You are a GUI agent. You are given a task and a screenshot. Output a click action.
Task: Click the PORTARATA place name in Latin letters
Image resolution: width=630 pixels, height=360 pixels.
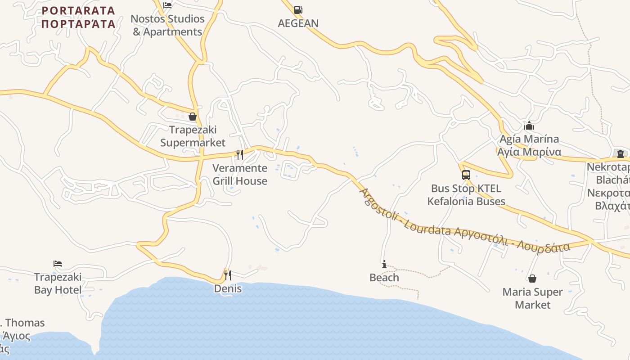coord(78,10)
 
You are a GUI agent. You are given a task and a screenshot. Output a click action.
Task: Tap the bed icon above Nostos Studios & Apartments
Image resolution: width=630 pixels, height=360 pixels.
coord(167,5)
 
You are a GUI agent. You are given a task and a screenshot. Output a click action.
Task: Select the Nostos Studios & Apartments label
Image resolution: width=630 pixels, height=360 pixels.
coord(167,25)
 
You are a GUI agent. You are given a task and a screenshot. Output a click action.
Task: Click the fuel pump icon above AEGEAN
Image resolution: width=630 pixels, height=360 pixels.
coord(298,9)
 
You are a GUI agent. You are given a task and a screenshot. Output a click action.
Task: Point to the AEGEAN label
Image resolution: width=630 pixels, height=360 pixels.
coord(298,23)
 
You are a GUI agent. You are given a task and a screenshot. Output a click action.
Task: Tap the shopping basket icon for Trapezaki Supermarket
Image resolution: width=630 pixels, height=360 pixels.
coord(193,117)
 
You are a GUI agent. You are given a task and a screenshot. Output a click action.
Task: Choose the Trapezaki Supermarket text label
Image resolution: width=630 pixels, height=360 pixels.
coord(193,136)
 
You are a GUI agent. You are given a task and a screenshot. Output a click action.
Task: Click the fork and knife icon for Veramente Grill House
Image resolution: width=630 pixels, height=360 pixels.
coord(240,155)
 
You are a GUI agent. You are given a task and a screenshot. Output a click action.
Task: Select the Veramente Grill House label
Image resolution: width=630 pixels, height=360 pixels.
coord(240,174)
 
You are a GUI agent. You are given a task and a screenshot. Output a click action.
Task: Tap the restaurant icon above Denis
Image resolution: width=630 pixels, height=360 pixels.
coord(228,275)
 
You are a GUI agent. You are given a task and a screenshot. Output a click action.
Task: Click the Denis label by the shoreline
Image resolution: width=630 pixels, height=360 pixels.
coord(228,288)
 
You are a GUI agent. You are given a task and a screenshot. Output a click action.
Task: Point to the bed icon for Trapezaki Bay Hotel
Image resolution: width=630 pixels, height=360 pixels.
coord(58,264)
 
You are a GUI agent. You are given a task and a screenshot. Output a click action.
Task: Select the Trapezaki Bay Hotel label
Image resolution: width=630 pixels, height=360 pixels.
coord(58,283)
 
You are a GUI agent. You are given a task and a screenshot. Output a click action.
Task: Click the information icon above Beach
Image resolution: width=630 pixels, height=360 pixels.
coord(384,264)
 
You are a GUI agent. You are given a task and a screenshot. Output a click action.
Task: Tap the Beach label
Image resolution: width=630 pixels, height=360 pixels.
coord(384,277)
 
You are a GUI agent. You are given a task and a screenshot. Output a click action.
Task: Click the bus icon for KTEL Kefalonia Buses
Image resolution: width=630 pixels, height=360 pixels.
coord(466,175)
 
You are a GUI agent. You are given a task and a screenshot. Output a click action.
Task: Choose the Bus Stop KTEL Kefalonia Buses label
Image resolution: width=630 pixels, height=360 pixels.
coord(466,194)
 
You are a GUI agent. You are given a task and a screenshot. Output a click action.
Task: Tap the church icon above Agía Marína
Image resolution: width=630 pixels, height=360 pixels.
coord(529,126)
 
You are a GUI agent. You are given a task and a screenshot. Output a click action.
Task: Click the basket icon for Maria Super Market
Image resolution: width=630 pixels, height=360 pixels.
coord(532,279)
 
